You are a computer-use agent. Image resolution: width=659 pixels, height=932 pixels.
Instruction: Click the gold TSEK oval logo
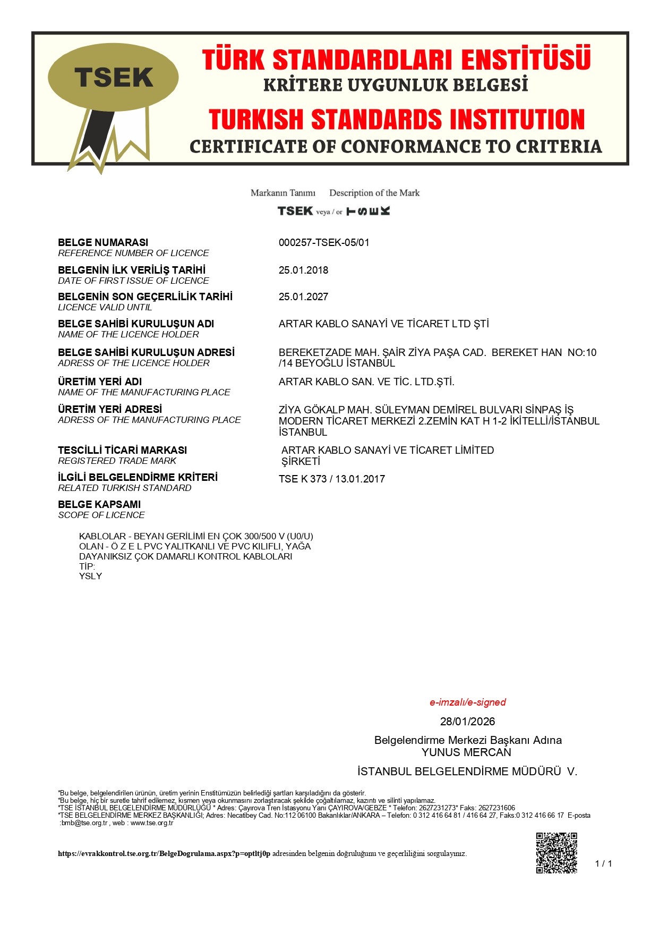click(x=113, y=78)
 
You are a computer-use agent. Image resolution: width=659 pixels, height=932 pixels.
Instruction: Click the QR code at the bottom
click(x=556, y=853)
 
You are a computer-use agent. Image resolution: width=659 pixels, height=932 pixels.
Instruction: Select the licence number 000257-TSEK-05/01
click(x=324, y=243)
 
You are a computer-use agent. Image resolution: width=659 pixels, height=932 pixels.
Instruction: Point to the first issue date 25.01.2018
click(x=303, y=270)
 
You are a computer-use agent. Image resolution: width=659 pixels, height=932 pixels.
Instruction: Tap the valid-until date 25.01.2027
click(x=303, y=297)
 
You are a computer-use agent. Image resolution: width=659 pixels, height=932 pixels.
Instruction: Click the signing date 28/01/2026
click(x=467, y=722)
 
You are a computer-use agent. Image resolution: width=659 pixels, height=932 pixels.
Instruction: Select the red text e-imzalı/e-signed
click(x=467, y=702)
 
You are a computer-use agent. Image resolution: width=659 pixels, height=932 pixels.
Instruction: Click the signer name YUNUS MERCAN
click(x=466, y=752)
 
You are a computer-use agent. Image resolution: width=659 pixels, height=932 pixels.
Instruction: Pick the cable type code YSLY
click(x=90, y=577)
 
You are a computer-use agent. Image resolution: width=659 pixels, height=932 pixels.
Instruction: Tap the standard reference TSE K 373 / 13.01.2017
click(x=331, y=479)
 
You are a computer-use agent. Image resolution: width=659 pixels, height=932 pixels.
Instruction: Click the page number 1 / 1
click(x=603, y=863)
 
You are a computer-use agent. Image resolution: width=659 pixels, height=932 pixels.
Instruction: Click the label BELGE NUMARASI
click(x=103, y=243)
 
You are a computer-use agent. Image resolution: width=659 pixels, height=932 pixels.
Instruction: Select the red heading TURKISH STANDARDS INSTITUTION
click(x=396, y=120)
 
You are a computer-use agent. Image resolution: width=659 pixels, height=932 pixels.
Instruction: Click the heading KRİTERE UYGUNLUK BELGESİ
click(x=396, y=85)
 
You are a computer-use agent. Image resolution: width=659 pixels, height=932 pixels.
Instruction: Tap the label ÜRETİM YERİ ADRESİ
click(x=110, y=410)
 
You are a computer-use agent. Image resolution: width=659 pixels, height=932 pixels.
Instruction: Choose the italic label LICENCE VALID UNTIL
click(x=105, y=308)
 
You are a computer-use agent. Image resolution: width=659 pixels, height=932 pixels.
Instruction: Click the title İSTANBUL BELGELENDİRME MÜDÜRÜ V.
click(x=467, y=772)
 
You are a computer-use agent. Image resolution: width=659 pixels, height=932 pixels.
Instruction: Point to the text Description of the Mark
click(x=374, y=193)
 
